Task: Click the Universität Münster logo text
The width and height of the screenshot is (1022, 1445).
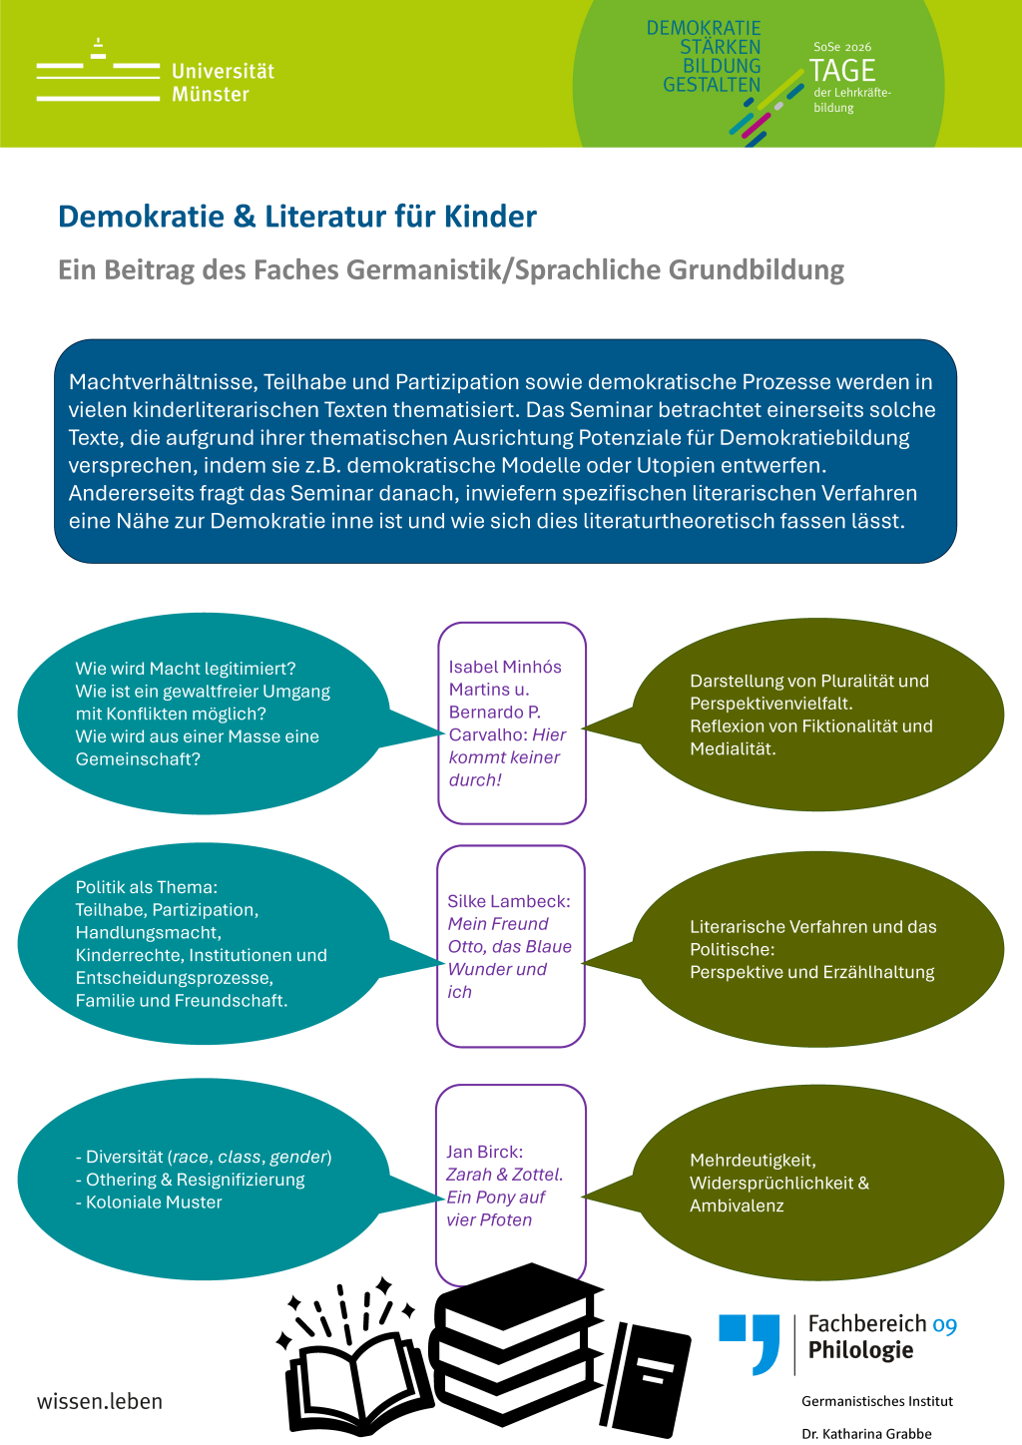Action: tap(223, 83)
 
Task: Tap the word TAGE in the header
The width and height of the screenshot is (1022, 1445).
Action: tap(842, 70)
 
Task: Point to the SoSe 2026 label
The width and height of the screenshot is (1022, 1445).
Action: tap(842, 47)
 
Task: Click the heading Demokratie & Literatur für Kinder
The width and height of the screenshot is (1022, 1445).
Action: tap(297, 217)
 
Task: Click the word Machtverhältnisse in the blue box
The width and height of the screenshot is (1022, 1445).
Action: tap(164, 382)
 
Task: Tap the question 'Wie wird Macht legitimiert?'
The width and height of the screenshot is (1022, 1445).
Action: tap(186, 669)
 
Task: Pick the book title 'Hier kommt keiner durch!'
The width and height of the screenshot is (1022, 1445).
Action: tap(507, 757)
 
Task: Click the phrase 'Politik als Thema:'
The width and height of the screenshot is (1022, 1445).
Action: tap(147, 887)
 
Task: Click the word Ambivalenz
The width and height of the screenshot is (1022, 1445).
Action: tap(737, 1205)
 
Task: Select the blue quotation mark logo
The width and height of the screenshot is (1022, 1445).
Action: tap(750, 1344)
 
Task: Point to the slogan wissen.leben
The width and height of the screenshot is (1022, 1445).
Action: tap(100, 1402)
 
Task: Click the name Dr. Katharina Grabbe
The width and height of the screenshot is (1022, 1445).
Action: tap(866, 1434)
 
